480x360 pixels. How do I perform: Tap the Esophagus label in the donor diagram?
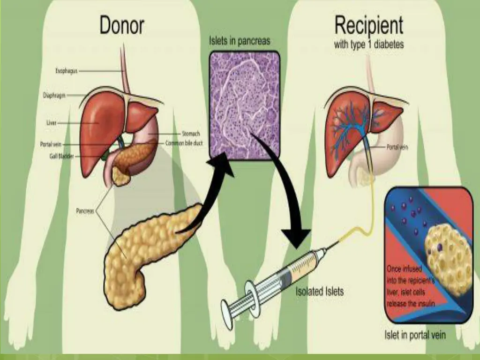[x=66, y=71]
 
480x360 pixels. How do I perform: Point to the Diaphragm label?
[x=54, y=95]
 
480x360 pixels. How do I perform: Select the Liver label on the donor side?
[x=52, y=123]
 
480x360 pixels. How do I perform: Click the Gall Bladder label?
[x=61, y=156]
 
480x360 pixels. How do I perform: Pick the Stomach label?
[x=191, y=134]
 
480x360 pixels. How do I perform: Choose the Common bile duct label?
[x=184, y=143]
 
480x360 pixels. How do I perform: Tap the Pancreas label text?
[x=85, y=211]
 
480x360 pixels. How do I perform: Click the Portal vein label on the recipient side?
[x=397, y=147]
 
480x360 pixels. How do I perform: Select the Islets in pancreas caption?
[x=240, y=41]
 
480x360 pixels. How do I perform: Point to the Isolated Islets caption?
[x=319, y=292]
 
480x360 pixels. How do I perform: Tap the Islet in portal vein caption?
[x=415, y=335]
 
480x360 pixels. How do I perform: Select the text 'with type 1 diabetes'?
[x=368, y=45]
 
